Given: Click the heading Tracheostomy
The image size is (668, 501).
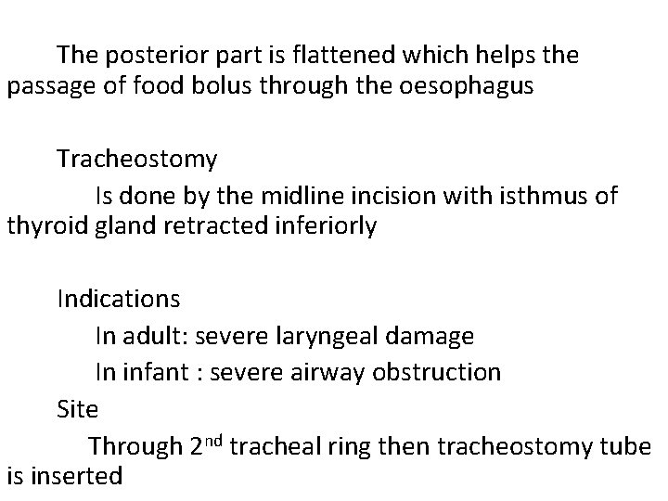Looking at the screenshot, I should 136,160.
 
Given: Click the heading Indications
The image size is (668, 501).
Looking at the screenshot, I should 119,300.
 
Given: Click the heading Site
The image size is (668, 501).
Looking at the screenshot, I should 77,408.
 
